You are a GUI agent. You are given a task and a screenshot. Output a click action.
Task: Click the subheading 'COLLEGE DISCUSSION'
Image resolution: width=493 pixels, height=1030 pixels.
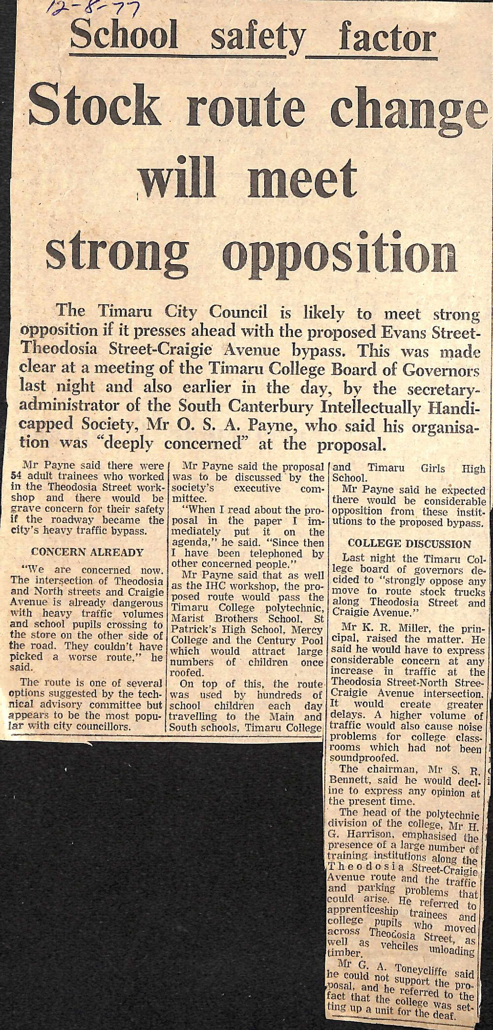(409, 543)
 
